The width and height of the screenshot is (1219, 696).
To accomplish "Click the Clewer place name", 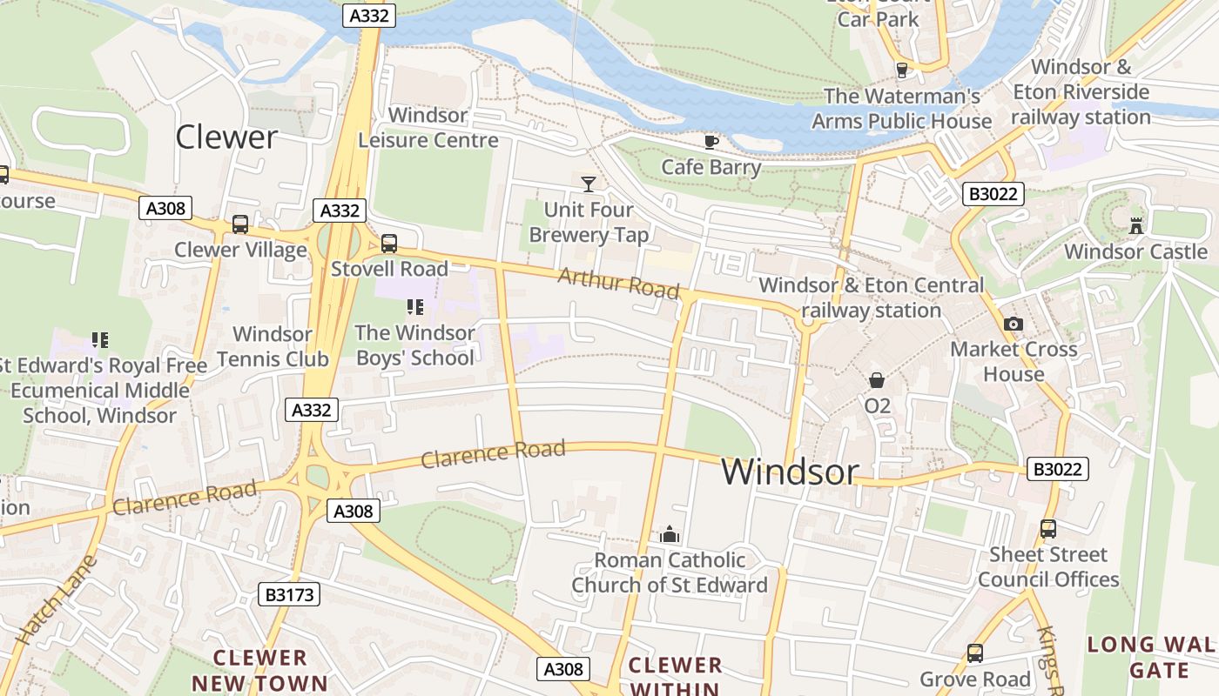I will (226, 137).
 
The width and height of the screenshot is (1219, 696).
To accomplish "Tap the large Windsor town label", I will (790, 472).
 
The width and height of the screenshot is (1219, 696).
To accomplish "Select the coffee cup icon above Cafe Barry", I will (711, 142).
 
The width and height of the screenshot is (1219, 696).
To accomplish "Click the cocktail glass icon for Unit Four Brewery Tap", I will (589, 184).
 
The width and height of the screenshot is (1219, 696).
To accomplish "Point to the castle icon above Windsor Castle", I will (1136, 225).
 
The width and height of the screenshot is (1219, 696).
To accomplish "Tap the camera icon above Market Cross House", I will (1013, 325).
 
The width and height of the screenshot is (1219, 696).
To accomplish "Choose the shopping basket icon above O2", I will (877, 380).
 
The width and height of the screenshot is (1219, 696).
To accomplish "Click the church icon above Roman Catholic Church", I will (670, 534).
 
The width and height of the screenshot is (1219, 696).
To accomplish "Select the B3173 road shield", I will (290, 594).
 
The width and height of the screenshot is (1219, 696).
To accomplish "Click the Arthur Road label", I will (618, 283).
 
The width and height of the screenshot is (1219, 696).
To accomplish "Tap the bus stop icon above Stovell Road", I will (389, 244).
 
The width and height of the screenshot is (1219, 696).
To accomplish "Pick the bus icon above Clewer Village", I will (240, 224).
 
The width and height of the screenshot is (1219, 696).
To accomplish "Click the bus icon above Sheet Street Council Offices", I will (1048, 529).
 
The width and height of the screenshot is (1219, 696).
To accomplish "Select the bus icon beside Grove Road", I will (975, 653).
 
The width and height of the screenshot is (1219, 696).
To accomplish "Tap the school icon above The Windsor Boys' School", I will (415, 306).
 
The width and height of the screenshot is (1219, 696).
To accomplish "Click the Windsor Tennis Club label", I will (273, 346).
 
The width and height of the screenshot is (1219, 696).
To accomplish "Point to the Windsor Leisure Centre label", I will (428, 128).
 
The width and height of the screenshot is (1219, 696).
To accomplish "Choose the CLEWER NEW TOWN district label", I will (259, 670).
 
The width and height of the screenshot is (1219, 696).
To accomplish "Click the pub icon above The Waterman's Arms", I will (902, 70).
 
